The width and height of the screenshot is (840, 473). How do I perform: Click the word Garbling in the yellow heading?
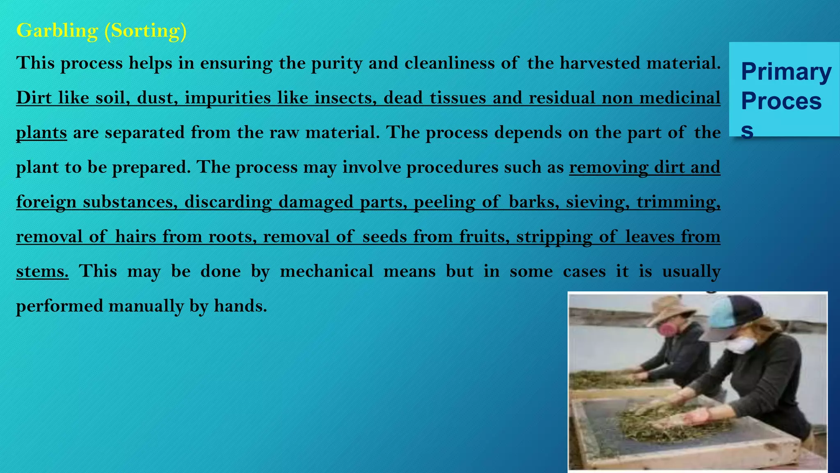[x=57, y=31]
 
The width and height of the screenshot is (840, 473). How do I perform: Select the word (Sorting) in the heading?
[x=146, y=31]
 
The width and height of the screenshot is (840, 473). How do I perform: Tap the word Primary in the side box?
[x=786, y=72]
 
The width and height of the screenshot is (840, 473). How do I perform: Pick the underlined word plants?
[x=41, y=133]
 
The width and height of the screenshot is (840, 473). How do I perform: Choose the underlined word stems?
[x=42, y=271]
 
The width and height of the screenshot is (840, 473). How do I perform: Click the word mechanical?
[x=326, y=271]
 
